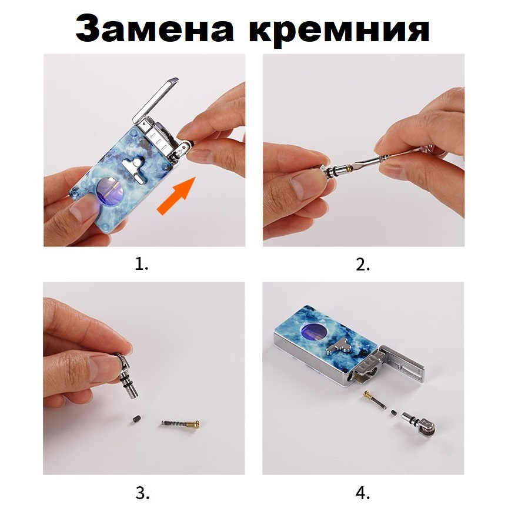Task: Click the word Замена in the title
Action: click(x=155, y=29)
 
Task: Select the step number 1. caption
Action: click(x=142, y=265)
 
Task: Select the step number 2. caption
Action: click(x=363, y=265)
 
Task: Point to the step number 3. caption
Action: click(x=142, y=493)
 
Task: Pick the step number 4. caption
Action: click(x=363, y=493)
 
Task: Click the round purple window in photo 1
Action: click(x=110, y=192)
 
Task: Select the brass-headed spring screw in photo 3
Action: click(x=180, y=423)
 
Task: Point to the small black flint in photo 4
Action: click(x=393, y=413)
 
